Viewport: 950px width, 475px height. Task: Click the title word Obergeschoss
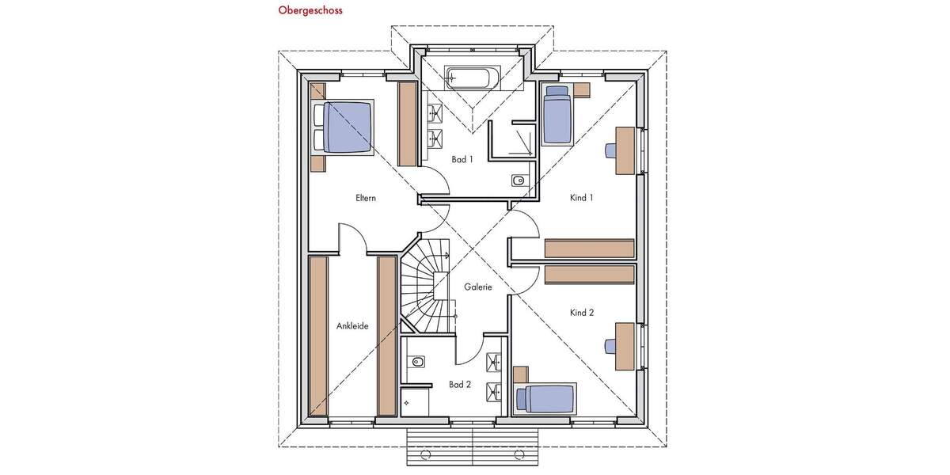click(x=310, y=11)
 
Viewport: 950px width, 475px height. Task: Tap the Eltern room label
click(x=366, y=198)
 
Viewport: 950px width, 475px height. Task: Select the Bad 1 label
click(x=462, y=159)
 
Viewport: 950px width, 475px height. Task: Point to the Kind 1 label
click(x=581, y=198)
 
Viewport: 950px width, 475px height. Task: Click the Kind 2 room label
click(x=581, y=313)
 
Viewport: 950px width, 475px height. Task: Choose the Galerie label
click(x=478, y=287)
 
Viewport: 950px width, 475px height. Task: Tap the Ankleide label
click(x=352, y=325)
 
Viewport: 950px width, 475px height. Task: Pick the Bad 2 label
click(x=460, y=385)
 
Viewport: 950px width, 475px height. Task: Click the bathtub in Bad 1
click(x=472, y=78)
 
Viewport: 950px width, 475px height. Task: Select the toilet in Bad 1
click(x=518, y=181)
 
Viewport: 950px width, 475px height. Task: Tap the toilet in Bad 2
click(x=416, y=363)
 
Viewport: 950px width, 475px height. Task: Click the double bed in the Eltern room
click(x=344, y=127)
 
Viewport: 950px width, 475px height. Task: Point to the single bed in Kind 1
click(x=557, y=115)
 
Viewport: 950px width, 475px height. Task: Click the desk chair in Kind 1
click(x=612, y=150)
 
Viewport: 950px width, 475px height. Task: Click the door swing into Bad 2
click(x=469, y=348)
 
